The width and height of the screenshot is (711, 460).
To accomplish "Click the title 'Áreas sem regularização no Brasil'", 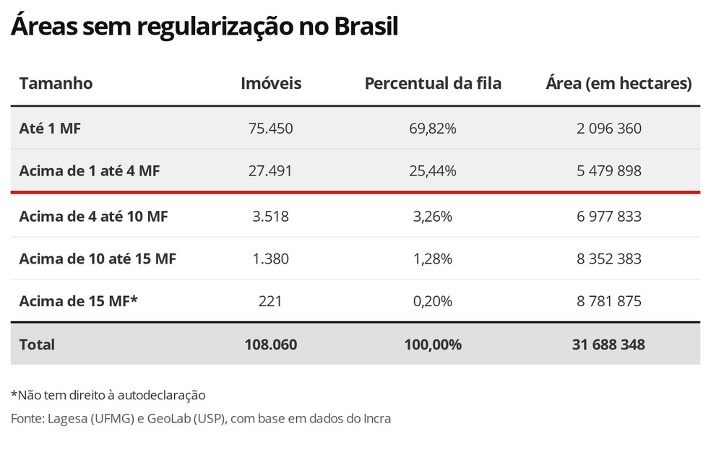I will pyautogui.click(x=204, y=27).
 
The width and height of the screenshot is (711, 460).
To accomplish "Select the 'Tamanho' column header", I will pyautogui.click(x=56, y=83).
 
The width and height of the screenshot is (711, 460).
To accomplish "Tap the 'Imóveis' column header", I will pyautogui.click(x=271, y=83).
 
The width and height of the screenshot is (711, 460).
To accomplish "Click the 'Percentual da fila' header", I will pyautogui.click(x=433, y=83).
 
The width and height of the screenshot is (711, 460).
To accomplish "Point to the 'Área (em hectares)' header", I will pyautogui.click(x=619, y=83).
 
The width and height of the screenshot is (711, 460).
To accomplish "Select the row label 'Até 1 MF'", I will pyautogui.click(x=50, y=129).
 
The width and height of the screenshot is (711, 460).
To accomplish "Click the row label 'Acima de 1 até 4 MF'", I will pyautogui.click(x=90, y=171).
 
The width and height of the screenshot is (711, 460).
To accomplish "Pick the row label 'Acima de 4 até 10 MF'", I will pyautogui.click(x=94, y=216).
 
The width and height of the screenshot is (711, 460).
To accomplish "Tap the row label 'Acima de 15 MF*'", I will pyautogui.click(x=78, y=301).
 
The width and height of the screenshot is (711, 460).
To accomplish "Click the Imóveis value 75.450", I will pyautogui.click(x=271, y=129).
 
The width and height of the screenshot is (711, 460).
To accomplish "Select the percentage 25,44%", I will pyautogui.click(x=433, y=171).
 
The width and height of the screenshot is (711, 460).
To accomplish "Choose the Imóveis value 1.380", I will pyautogui.click(x=271, y=259).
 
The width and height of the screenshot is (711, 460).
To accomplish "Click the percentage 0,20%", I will pyautogui.click(x=433, y=301).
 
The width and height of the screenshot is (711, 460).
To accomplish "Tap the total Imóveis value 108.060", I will pyautogui.click(x=271, y=344).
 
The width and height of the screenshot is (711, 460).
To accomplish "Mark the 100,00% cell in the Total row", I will pyautogui.click(x=433, y=344).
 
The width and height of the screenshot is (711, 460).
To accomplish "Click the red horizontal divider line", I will pyautogui.click(x=355, y=193).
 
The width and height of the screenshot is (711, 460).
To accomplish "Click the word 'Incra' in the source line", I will pyautogui.click(x=375, y=418).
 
